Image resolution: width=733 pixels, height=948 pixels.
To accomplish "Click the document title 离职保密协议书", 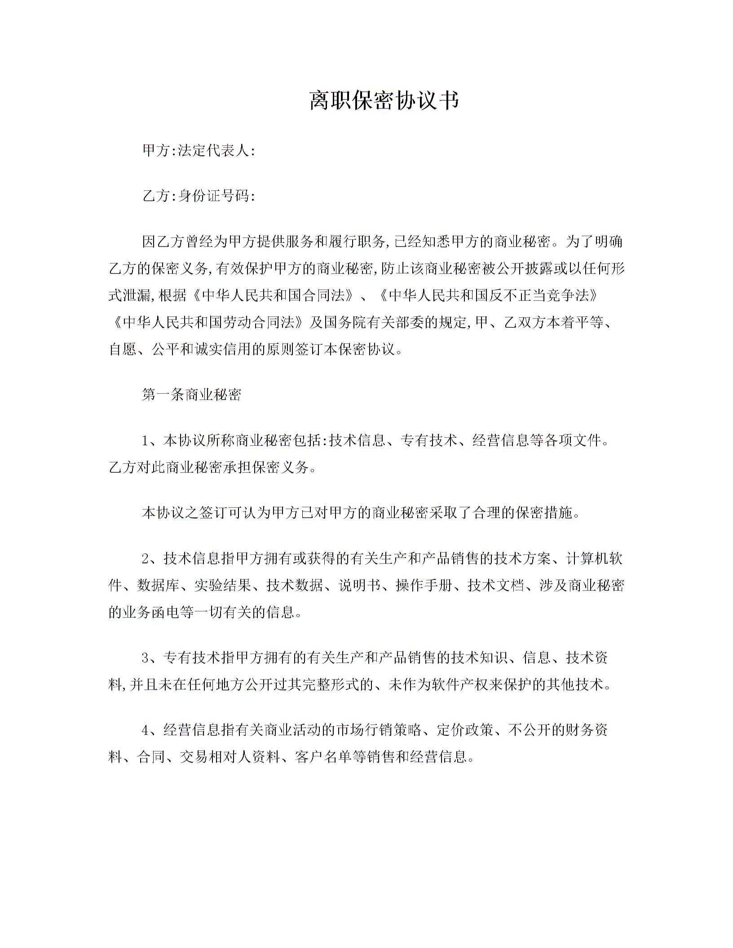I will coord(384,100).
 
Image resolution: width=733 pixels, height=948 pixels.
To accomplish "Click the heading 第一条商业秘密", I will coord(192,395).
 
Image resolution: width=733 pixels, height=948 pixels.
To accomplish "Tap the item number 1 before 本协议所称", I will coord(146,441).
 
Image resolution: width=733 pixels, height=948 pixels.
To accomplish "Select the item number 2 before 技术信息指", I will coord(146,558).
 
